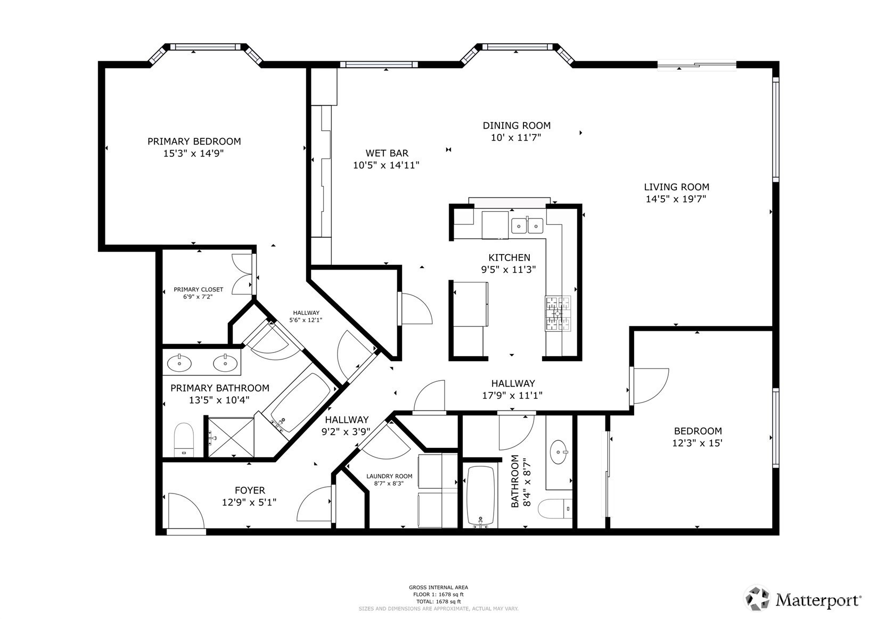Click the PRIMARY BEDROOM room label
click(x=194, y=141)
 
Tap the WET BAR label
click(x=387, y=153)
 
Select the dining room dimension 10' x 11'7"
click(x=516, y=138)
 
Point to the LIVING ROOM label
click(x=677, y=187)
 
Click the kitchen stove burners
click(x=558, y=313)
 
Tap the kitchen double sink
click(x=527, y=225)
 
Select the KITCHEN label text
click(x=510, y=257)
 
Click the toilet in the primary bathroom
click(x=184, y=439)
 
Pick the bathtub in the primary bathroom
click(x=301, y=403)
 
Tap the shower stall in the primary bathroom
click(x=231, y=437)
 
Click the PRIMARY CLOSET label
click(x=198, y=289)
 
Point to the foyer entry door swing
click(x=186, y=511)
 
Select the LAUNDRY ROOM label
click(x=389, y=476)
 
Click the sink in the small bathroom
click(x=559, y=452)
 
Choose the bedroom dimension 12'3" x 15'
click(x=698, y=443)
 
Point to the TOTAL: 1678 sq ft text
click(x=439, y=602)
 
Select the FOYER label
click(x=250, y=490)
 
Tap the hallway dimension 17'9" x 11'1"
click(x=512, y=395)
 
